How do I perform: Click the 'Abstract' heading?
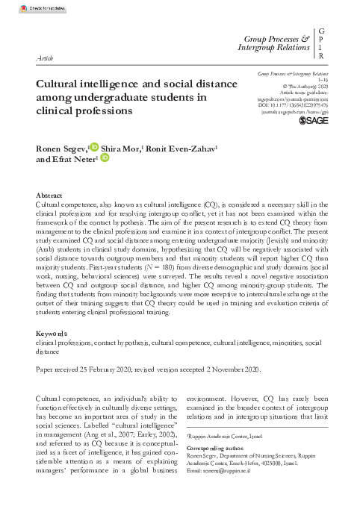(x=49, y=194)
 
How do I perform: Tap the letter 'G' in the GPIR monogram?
(x=321, y=29)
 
